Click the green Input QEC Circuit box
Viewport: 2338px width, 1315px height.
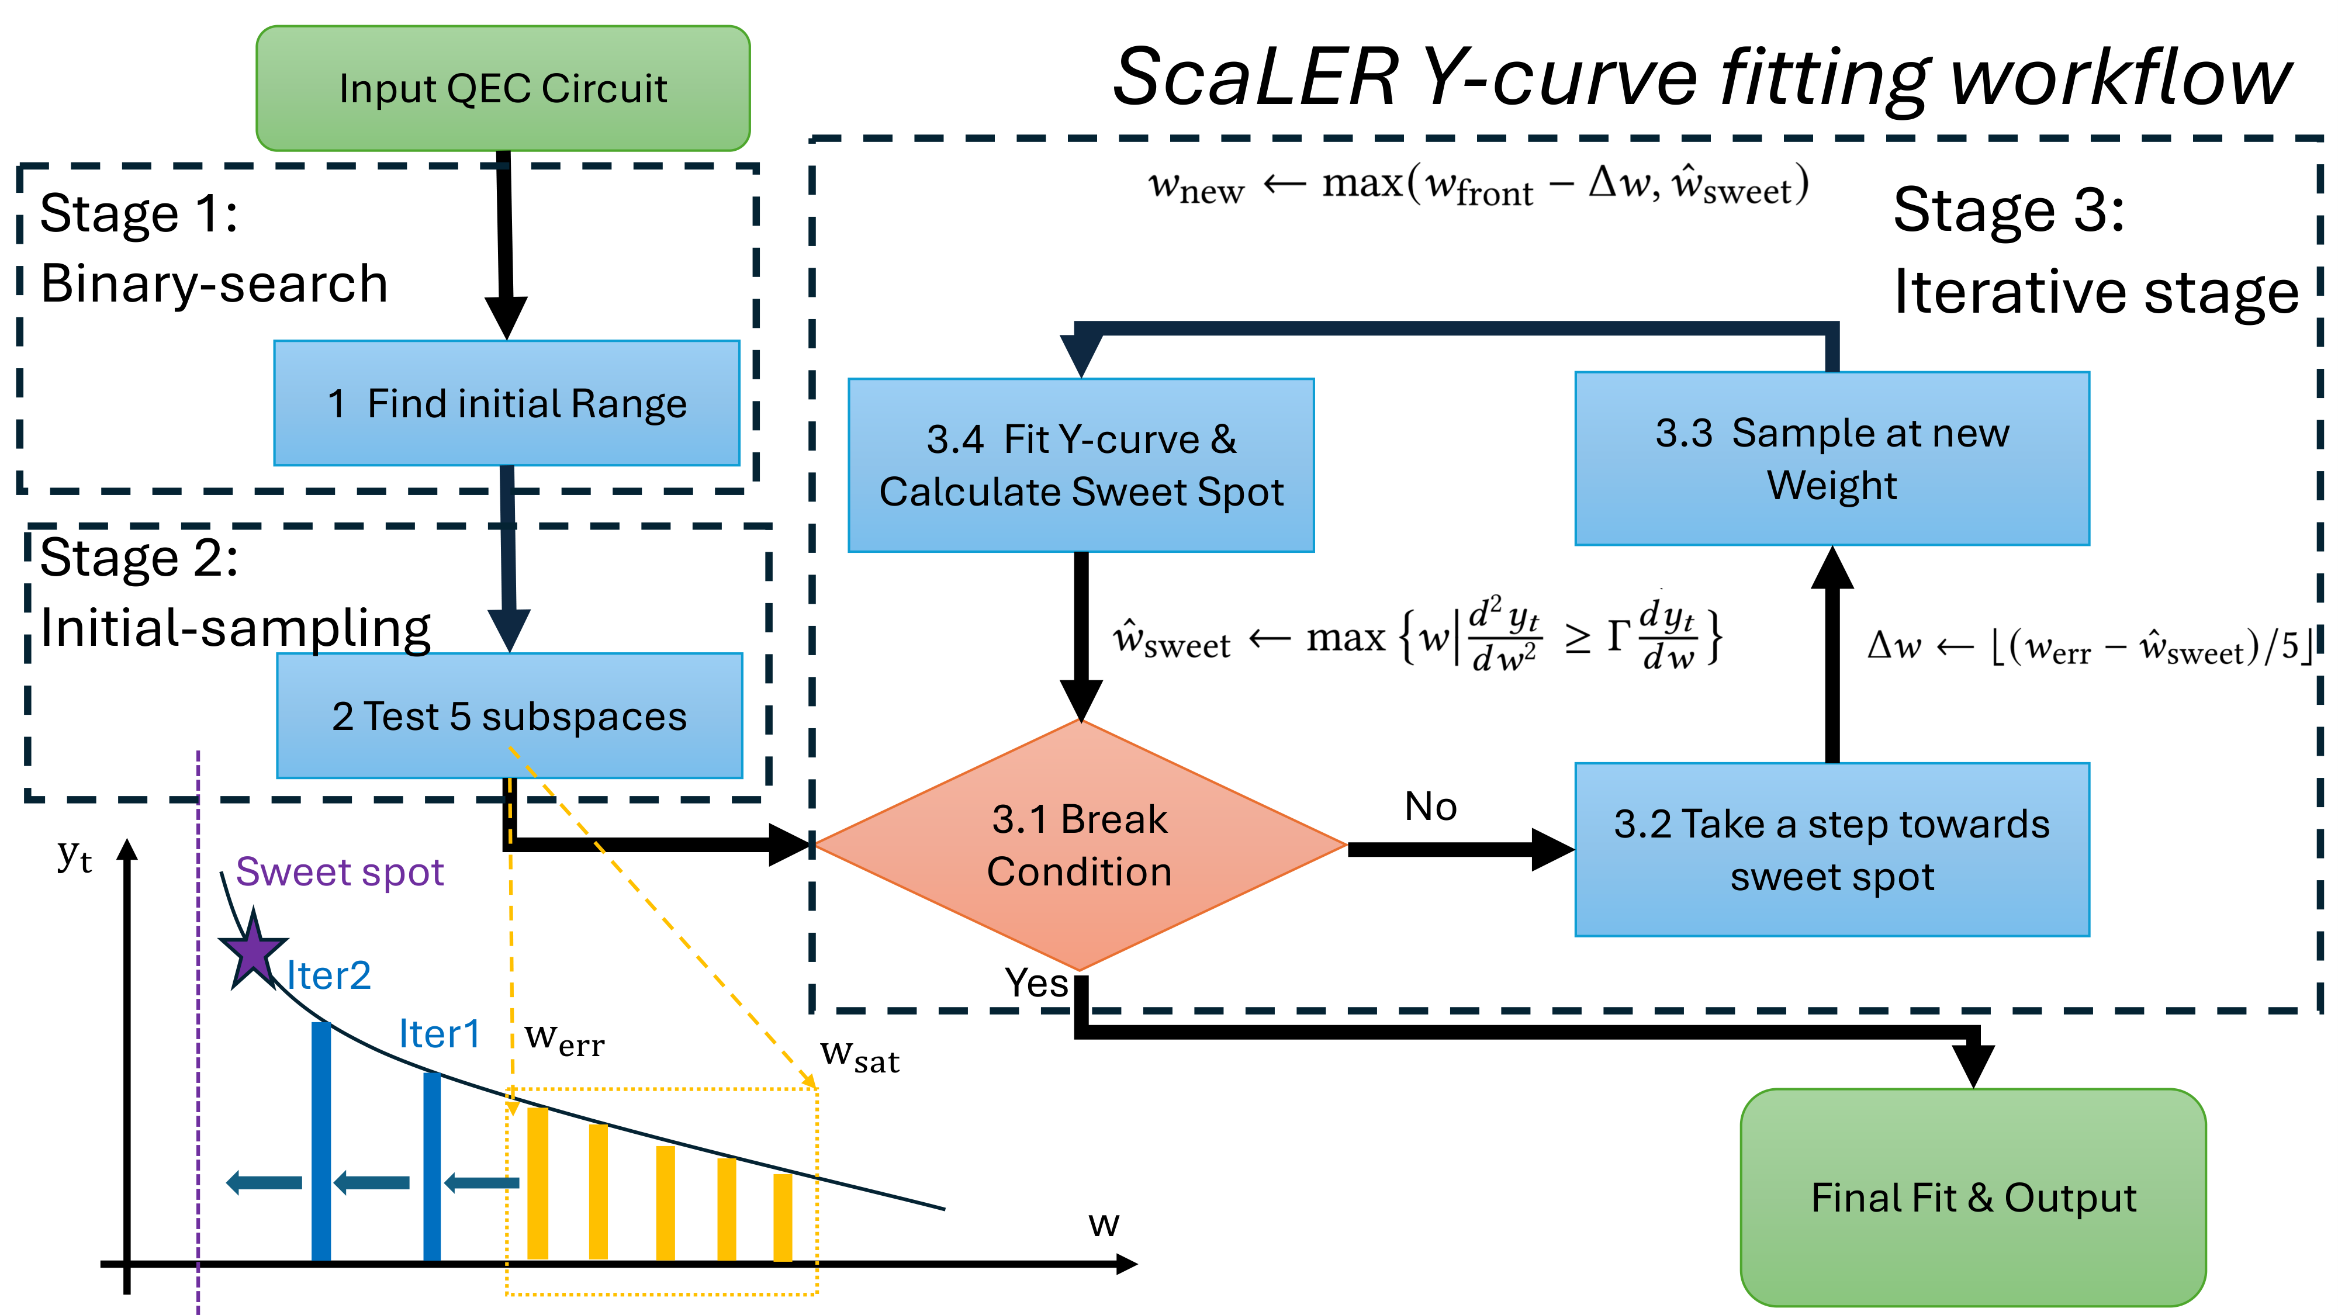coord(503,88)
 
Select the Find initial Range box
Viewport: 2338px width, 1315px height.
coord(506,403)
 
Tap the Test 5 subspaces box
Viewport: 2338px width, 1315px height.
coord(509,716)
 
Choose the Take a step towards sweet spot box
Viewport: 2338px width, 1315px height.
coord(1832,849)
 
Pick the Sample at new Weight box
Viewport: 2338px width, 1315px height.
coord(1832,458)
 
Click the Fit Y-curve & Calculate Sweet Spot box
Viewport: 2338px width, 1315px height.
coord(1081,465)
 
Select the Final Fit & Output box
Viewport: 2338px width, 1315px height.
coord(1973,1197)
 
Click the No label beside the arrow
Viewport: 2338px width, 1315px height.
coord(1430,806)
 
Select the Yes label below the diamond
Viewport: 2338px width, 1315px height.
coord(1036,982)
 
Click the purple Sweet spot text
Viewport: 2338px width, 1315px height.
coord(340,872)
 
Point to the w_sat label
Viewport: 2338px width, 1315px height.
coord(859,1056)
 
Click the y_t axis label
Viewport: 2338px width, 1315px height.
coord(74,855)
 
